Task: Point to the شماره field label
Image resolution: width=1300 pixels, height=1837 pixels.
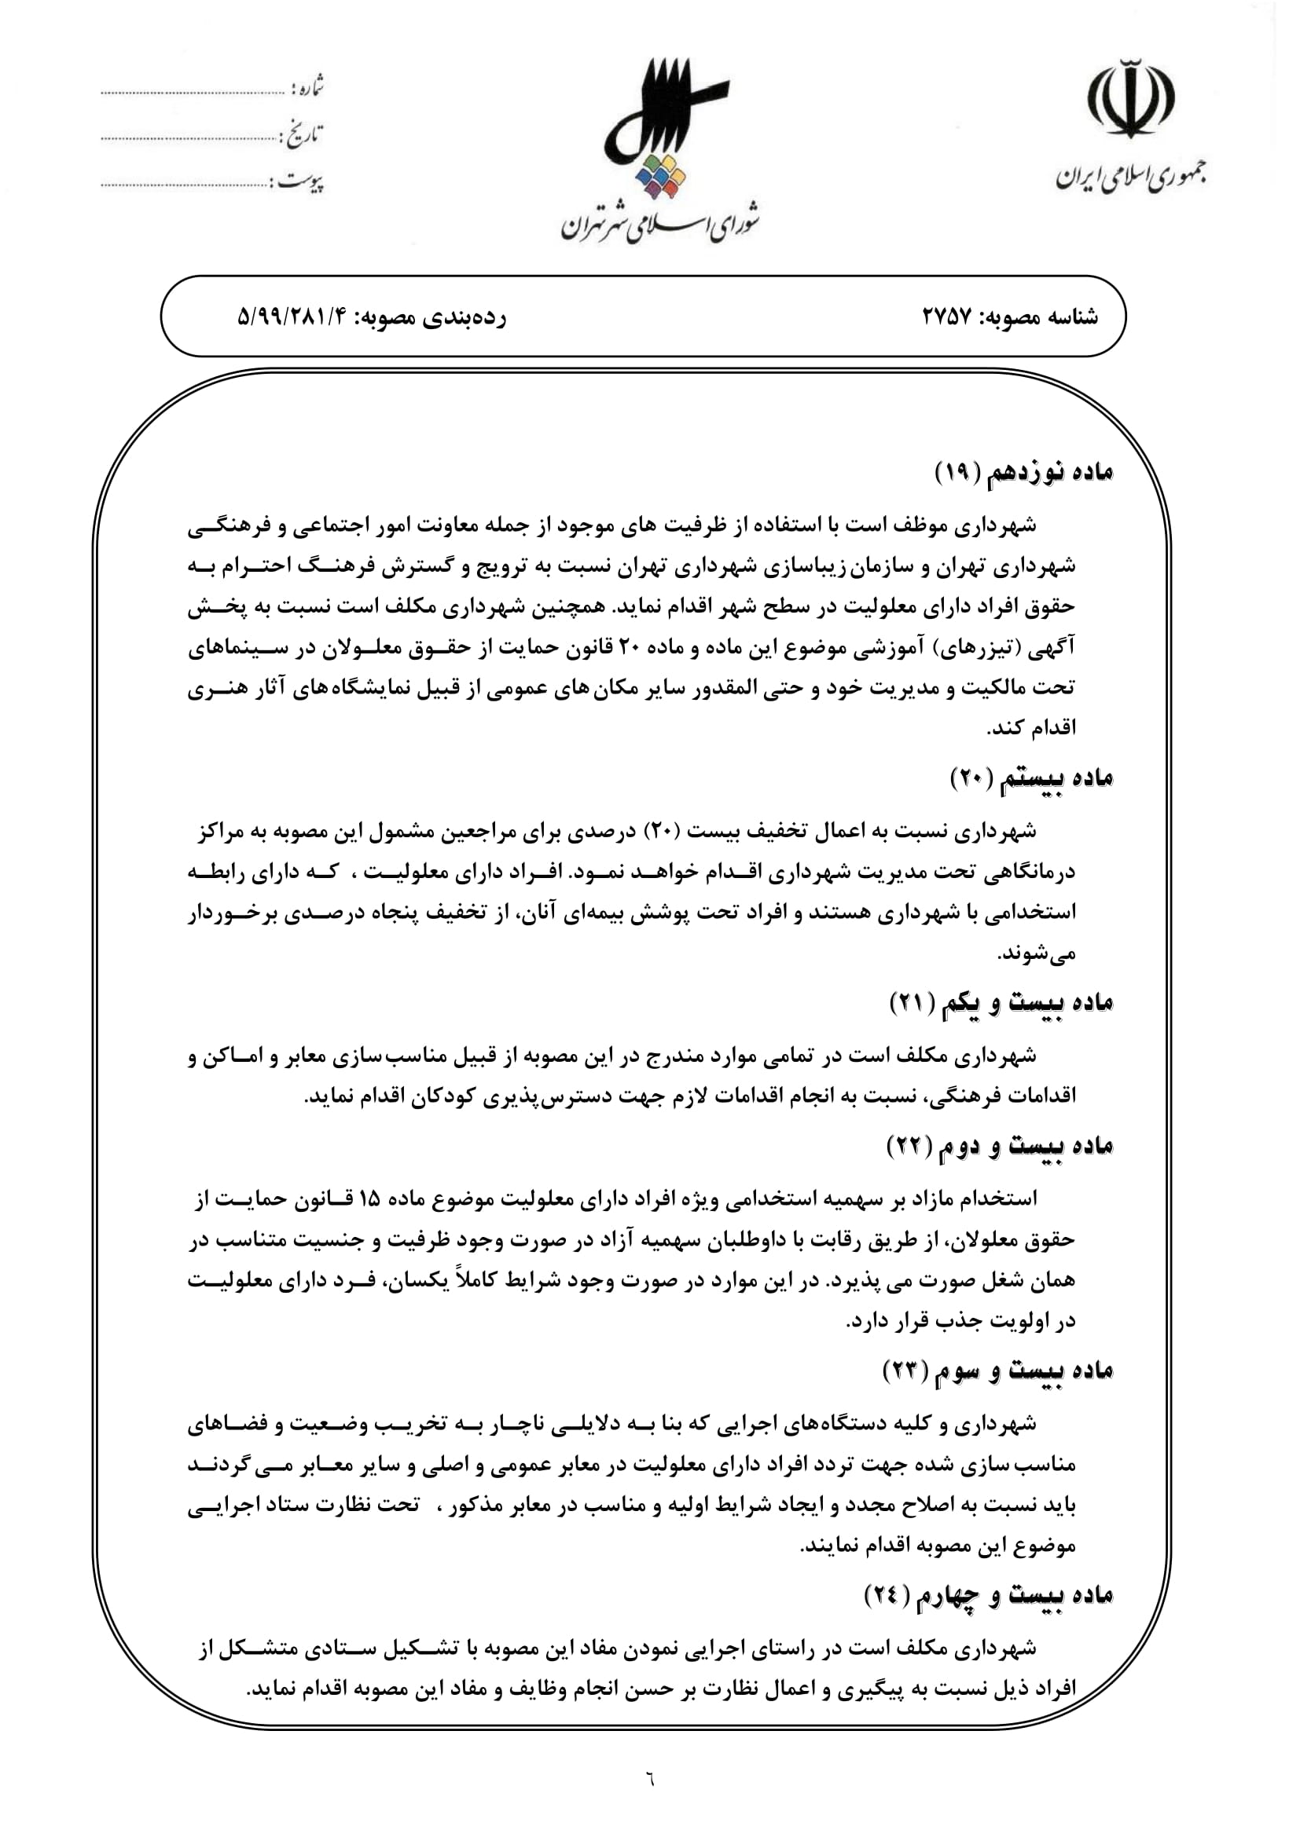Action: (307, 87)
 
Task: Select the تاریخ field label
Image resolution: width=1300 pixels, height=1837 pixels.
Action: (303, 135)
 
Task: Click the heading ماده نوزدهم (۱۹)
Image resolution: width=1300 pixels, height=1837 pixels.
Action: (1024, 473)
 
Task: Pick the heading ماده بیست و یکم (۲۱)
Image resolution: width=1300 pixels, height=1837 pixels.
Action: (1001, 1002)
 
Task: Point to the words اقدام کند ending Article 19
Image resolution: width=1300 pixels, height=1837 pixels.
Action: (1031, 728)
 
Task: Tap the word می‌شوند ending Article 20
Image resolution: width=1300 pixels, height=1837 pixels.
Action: (1036, 953)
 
